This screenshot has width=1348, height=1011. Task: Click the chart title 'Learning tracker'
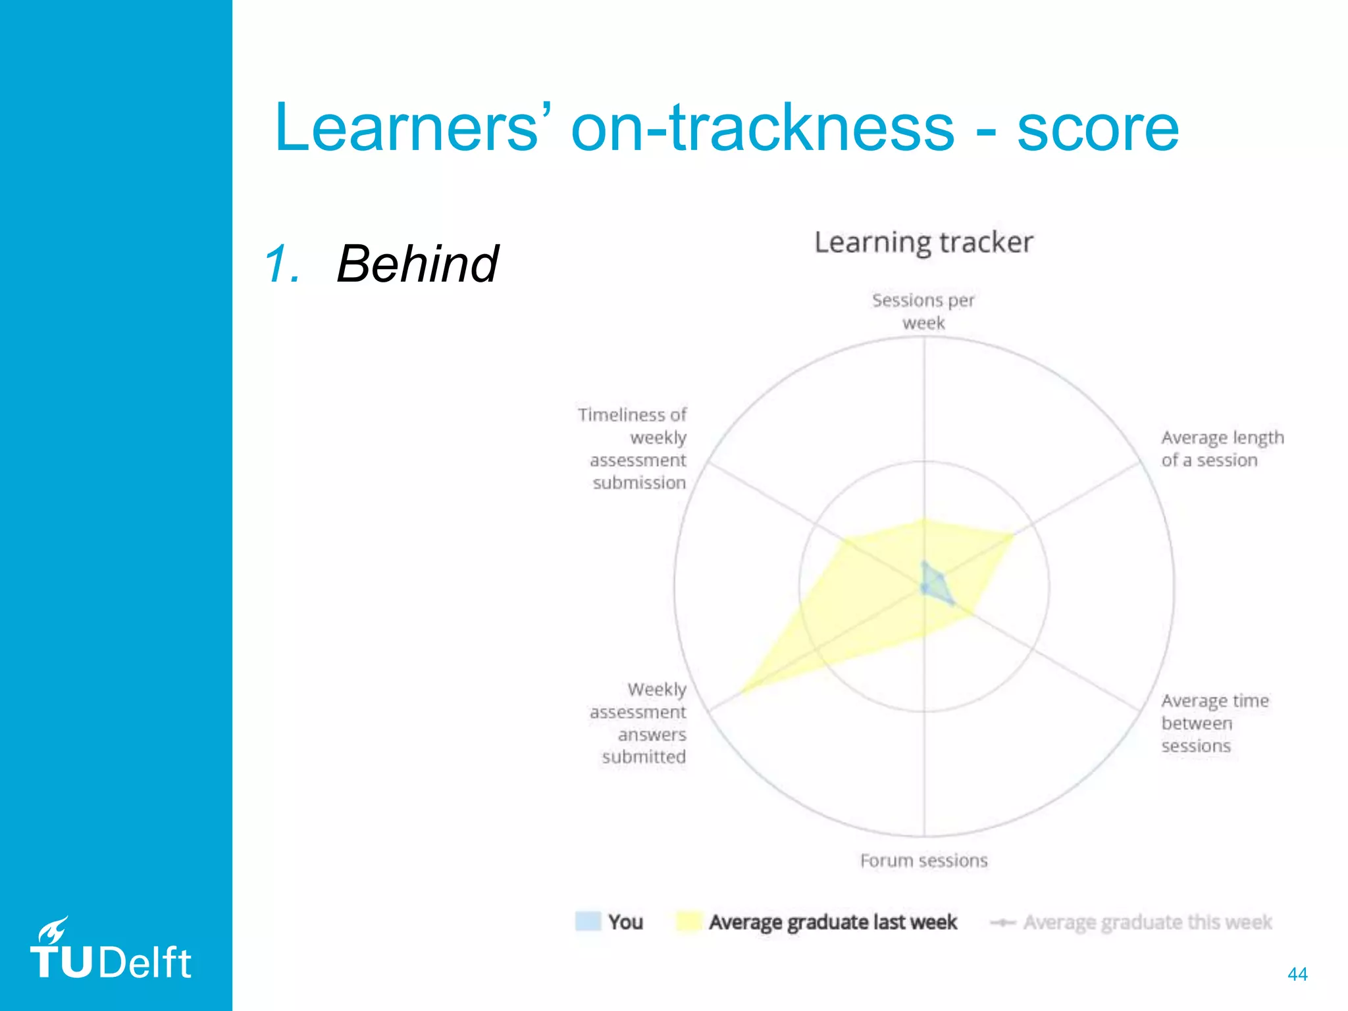[923, 243]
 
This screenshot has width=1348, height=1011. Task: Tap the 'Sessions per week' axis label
[923, 311]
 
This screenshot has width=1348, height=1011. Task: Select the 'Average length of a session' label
[1222, 449]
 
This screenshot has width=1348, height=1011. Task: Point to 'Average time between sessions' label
[1214, 723]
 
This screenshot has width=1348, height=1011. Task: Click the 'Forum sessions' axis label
[923, 861]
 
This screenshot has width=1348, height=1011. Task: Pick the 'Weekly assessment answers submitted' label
[638, 723]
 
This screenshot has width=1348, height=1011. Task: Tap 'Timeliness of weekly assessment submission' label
[633, 448]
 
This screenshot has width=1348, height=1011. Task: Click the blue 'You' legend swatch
[588, 921]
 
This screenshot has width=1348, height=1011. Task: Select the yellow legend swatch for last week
[688, 921]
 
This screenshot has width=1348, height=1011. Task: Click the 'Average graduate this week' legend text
[1147, 923]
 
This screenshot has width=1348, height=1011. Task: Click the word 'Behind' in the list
[417, 264]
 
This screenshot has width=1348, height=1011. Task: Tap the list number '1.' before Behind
[282, 264]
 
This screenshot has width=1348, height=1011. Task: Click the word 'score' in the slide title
[1098, 128]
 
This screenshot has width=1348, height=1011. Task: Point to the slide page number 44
[1297, 974]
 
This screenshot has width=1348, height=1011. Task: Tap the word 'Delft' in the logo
[145, 963]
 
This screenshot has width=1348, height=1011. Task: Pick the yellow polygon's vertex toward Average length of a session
[1012, 535]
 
